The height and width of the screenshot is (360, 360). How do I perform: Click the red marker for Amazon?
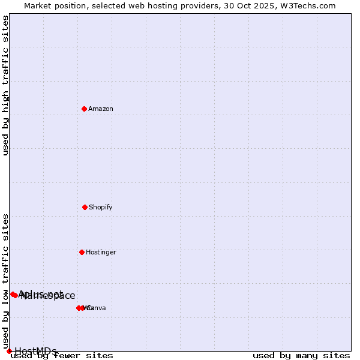point(85,109)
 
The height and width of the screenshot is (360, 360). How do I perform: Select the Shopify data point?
point(85,207)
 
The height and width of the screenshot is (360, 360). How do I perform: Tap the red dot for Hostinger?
point(82,252)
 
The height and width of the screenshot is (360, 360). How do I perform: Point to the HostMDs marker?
point(9,351)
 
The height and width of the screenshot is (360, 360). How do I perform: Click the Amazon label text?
point(101,109)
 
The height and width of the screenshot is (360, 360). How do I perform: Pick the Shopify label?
point(101,207)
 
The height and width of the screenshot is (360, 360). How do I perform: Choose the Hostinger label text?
point(101,252)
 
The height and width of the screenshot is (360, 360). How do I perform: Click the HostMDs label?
point(35,351)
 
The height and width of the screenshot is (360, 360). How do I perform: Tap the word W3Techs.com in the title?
point(310,5)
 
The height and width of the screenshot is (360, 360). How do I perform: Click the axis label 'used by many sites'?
point(301,356)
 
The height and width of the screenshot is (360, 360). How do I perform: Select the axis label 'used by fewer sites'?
point(62,356)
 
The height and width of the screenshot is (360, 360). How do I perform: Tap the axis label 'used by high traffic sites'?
point(6,85)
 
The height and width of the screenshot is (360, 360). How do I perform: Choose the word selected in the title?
point(110,5)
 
